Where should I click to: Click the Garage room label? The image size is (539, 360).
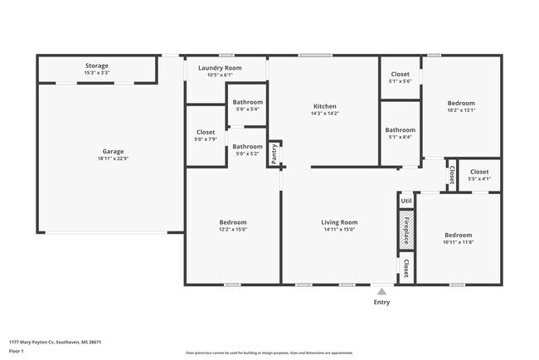113,152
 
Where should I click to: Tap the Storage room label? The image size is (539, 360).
96,66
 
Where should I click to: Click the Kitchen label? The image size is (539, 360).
324,106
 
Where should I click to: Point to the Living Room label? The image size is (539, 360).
339,222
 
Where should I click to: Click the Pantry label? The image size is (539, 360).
274,153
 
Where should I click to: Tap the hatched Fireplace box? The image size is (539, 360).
406,229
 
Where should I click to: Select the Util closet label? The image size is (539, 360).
406,201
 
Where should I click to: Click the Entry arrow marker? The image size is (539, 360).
381,291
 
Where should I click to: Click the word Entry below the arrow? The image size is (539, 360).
381,302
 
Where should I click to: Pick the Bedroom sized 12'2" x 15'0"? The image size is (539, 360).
232,222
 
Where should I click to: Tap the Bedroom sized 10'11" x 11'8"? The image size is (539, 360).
458,235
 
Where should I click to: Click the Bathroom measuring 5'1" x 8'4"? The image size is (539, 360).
400,130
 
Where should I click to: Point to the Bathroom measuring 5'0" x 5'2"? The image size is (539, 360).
247,147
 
